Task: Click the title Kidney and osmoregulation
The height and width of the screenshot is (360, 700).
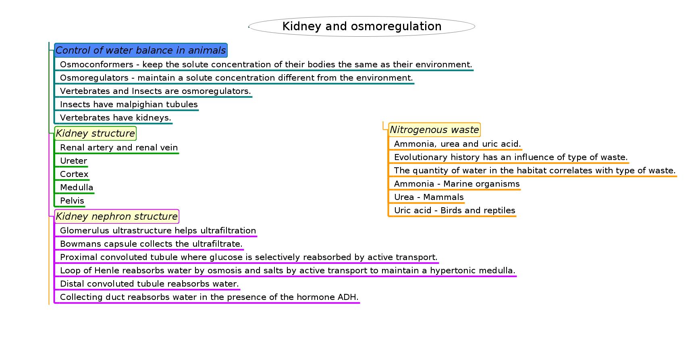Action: click(x=361, y=26)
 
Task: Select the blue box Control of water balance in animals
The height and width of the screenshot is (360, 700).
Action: click(x=141, y=50)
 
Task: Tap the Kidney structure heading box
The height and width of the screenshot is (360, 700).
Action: click(x=95, y=133)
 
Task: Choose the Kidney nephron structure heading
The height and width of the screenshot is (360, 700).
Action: click(x=116, y=216)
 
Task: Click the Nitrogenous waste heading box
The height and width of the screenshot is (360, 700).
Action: click(x=434, y=130)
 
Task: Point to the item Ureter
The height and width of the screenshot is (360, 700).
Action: click(x=73, y=161)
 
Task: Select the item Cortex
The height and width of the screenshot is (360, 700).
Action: click(x=74, y=174)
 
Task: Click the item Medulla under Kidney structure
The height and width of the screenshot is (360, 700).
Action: click(x=77, y=187)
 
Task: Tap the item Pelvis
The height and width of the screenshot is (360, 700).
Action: click(x=72, y=201)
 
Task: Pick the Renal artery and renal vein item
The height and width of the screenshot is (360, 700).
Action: click(x=119, y=148)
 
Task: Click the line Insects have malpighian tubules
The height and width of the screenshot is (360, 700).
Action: click(x=129, y=104)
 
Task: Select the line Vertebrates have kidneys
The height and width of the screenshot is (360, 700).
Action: click(x=116, y=118)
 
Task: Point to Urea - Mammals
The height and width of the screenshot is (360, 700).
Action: click(x=429, y=197)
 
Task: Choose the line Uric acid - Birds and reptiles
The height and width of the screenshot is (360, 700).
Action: click(x=455, y=210)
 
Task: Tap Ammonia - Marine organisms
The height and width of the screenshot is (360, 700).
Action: click(x=457, y=184)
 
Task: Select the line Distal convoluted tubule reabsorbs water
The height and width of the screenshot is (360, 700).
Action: click(x=150, y=284)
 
